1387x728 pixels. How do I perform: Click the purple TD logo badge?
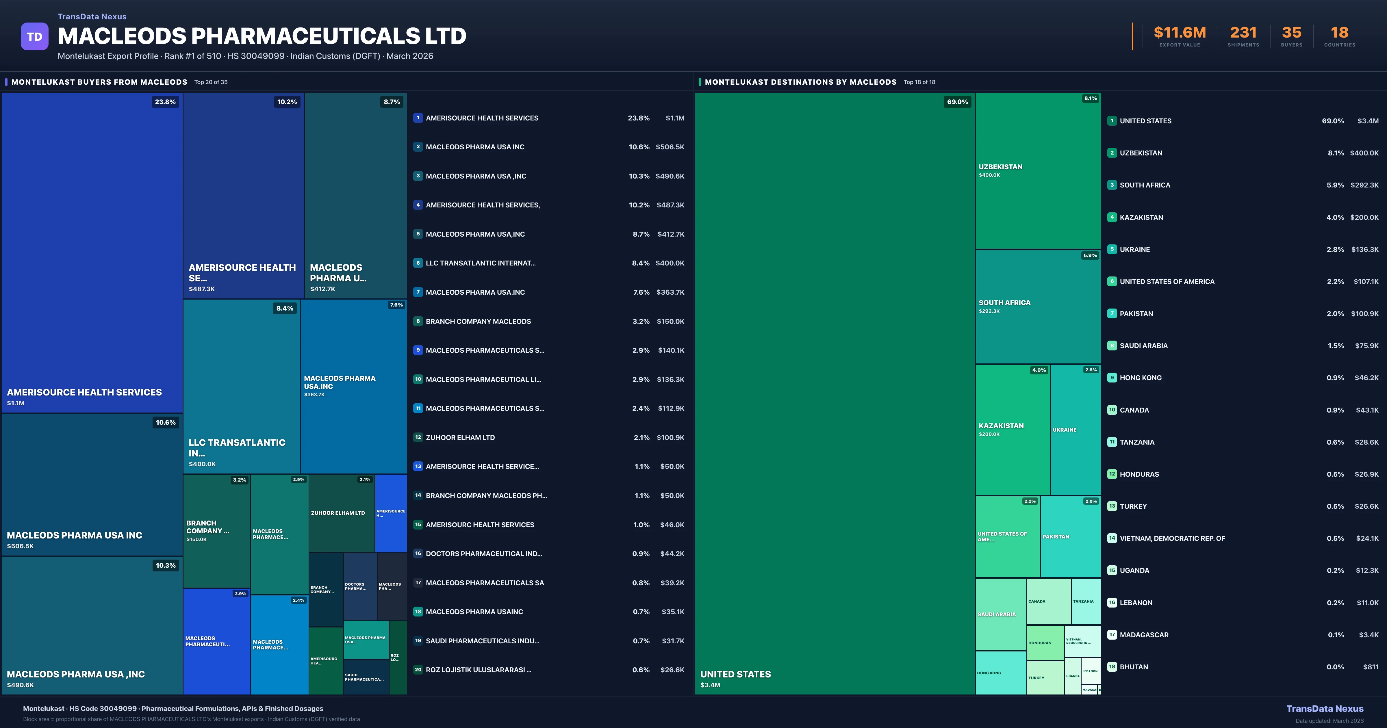(34, 37)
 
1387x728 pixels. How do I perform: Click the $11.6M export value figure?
(1179, 33)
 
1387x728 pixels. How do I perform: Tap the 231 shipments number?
(1243, 33)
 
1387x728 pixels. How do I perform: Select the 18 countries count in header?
(1339, 33)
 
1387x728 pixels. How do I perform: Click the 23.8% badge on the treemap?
(165, 102)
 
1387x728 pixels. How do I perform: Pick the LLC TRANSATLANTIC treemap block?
(241, 386)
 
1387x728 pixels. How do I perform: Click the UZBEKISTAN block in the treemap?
(1038, 171)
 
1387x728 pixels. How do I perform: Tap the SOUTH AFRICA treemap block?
(1038, 307)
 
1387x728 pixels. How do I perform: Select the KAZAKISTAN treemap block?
(1012, 429)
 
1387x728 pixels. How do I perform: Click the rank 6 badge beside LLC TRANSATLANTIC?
(418, 263)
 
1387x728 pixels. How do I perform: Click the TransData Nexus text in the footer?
(1325, 709)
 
